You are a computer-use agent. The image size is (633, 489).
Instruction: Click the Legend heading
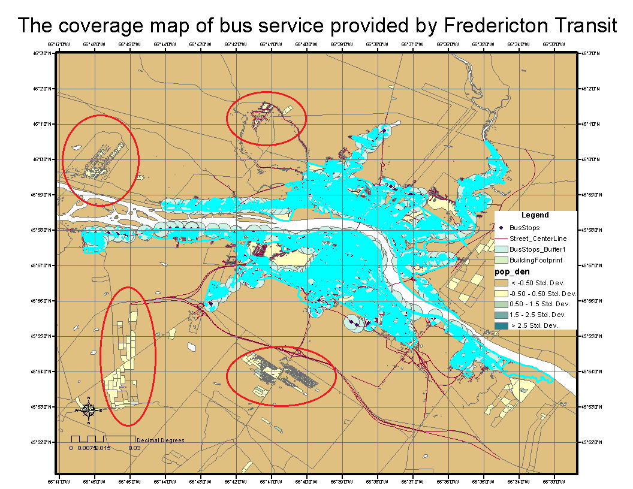(x=535, y=215)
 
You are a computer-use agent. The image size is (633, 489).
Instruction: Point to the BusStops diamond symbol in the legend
(x=501, y=228)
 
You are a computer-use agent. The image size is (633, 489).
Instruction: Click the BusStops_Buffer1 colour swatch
(x=501, y=249)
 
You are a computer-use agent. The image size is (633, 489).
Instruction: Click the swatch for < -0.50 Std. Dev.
(x=501, y=283)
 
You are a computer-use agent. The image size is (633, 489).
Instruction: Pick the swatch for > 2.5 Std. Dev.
(x=501, y=325)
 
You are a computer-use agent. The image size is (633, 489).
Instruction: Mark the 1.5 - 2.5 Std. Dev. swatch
(x=501, y=315)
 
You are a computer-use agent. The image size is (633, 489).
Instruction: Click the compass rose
(x=89, y=410)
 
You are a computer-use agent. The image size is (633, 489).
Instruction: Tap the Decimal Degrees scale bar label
(x=161, y=440)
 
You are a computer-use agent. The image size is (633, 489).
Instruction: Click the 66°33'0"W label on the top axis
(x=554, y=44)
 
